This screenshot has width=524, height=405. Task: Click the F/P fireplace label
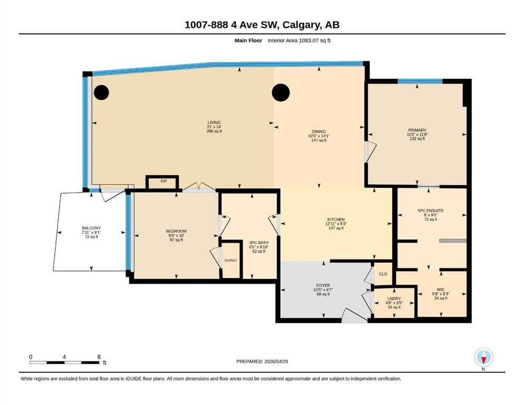pos(164,181)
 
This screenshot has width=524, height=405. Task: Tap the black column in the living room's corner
pos(101,92)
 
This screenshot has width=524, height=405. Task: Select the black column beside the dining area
pos(281,92)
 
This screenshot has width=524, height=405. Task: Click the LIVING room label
pos(214,122)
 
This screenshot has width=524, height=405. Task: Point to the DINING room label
pos(319,131)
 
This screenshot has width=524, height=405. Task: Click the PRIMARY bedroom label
pos(417,130)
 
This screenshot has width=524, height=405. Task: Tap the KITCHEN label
pos(336,220)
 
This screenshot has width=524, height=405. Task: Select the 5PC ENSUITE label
pos(431,211)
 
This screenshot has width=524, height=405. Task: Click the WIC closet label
pos(441,290)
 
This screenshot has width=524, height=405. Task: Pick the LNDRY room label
pos(394,298)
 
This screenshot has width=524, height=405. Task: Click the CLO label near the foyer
pos(383,274)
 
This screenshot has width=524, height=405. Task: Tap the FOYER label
pos(323,285)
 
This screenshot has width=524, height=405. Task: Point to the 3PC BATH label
pos(259,243)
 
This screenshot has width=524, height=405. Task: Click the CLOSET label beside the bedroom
pos(231,261)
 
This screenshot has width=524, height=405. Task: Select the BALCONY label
pos(91,228)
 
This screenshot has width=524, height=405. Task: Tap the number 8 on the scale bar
pos(99,357)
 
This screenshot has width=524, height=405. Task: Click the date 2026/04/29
pos(276,361)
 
